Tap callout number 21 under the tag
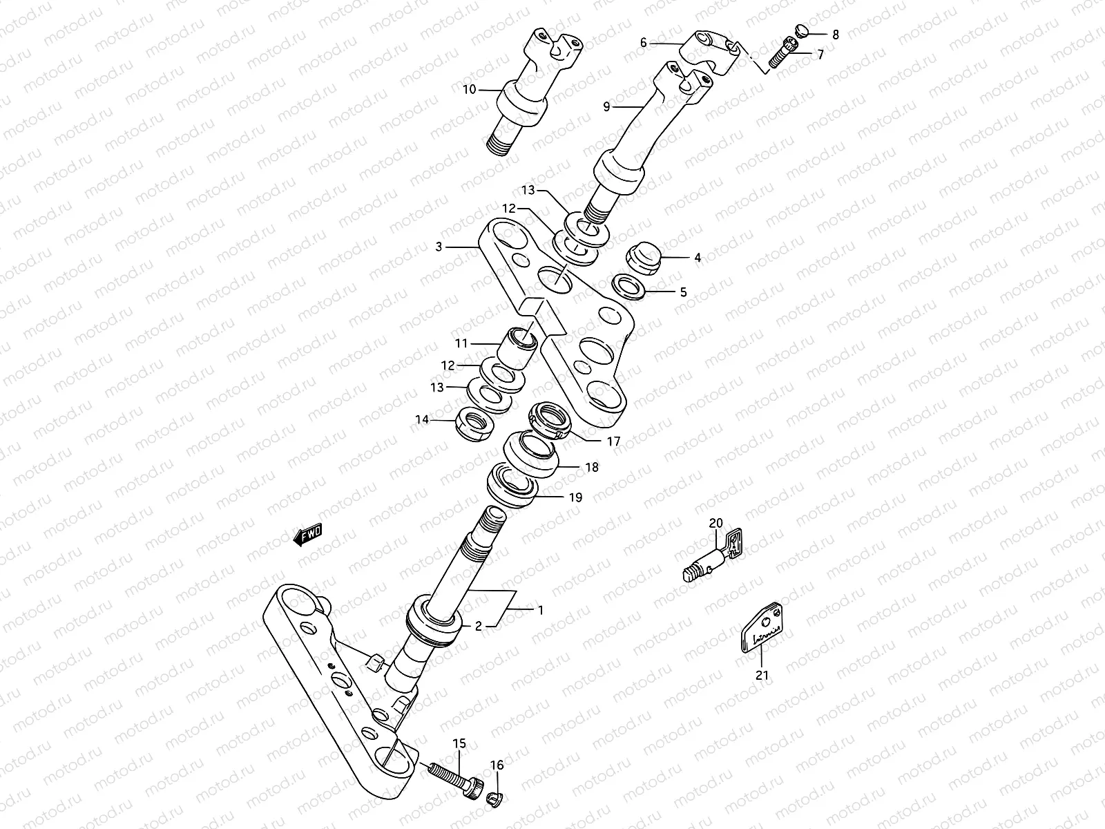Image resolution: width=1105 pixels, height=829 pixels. (762, 675)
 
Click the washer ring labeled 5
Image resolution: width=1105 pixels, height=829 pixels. (629, 286)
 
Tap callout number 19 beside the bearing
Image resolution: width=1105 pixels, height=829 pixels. (575, 497)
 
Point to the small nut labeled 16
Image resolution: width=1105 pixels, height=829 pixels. (494, 800)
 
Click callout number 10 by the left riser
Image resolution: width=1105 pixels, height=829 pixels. (469, 89)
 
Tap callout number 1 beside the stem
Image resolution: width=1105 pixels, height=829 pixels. (541, 610)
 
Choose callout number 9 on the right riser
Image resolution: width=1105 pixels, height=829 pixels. (606, 106)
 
